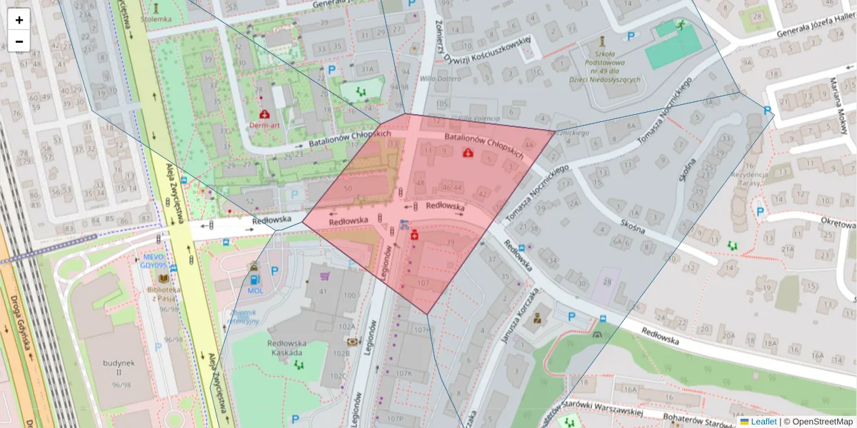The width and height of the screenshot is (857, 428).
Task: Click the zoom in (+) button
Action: [x=19, y=20]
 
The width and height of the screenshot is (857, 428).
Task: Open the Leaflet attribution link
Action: [x=763, y=422]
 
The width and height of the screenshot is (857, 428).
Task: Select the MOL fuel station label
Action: [x=255, y=290]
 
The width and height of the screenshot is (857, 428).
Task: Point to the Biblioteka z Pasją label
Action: [x=164, y=295]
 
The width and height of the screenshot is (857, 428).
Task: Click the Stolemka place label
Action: [x=156, y=19]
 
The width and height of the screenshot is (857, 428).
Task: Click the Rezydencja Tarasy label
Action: [x=749, y=179]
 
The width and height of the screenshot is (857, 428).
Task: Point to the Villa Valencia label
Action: [x=475, y=118]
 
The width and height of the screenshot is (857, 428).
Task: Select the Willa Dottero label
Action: [x=437, y=78]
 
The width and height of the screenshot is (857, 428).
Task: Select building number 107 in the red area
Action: [x=423, y=283]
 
